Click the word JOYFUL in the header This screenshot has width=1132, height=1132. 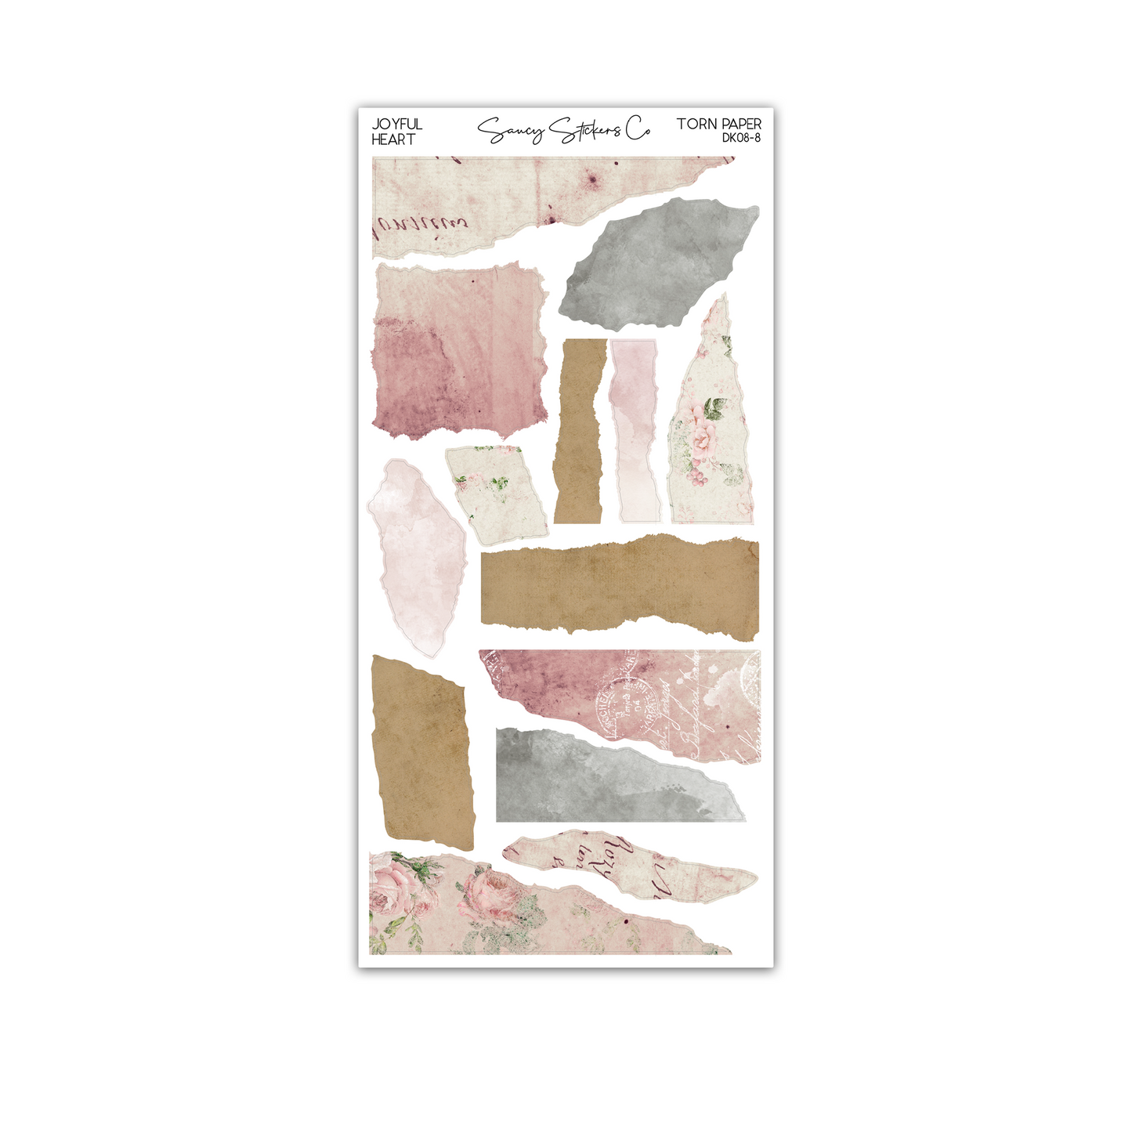point(396,125)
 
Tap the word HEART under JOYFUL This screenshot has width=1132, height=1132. point(393,139)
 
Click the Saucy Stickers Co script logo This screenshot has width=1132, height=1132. point(563,131)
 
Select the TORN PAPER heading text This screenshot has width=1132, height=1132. point(718,124)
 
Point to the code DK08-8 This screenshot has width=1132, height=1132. point(741,138)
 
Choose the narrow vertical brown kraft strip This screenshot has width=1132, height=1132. point(580,431)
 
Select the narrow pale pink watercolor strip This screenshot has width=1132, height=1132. point(635,431)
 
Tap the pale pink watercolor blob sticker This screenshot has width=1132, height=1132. point(415,556)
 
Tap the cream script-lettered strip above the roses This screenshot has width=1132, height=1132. point(627,866)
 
